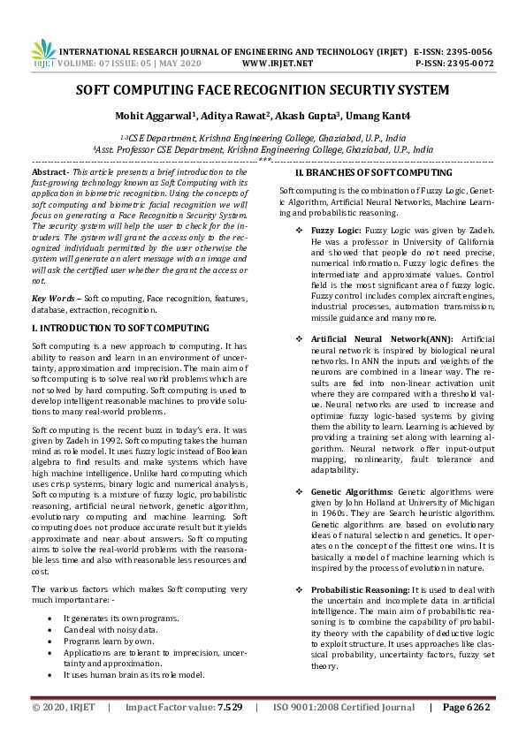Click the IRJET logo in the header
coord(45,55)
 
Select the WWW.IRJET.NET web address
coord(278,64)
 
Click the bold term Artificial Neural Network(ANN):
coord(382,338)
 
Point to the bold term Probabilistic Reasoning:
coord(360,588)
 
